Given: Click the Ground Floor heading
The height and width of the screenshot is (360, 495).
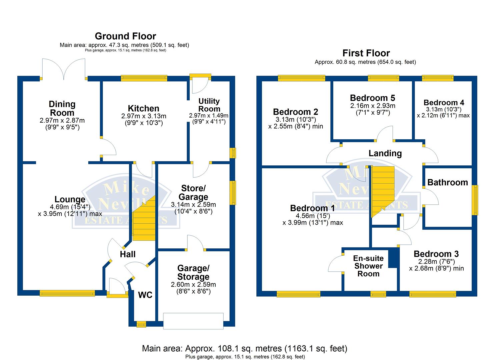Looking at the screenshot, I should (125, 36).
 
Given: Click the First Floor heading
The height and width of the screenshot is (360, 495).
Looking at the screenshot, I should (366, 53).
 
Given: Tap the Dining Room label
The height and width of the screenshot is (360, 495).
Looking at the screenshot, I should (62, 108).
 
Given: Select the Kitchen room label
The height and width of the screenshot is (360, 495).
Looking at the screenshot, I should (143, 108).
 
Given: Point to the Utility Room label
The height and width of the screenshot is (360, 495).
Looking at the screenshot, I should (209, 105).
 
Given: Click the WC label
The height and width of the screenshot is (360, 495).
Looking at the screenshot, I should (145, 295).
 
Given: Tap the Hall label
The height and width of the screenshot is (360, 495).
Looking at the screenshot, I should (128, 254).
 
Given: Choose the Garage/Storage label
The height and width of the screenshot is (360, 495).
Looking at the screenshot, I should (193, 272).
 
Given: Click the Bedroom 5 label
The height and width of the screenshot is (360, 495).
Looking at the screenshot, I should (372, 98).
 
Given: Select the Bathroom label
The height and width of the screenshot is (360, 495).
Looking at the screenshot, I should (447, 182).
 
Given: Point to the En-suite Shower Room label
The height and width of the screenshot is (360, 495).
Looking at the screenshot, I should (368, 266).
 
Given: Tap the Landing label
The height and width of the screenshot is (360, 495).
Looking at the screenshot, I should (385, 153).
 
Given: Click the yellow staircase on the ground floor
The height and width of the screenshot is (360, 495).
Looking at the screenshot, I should (145, 220).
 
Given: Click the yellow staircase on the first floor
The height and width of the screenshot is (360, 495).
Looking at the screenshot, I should (382, 190).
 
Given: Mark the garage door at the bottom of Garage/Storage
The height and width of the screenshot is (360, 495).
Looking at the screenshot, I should (193, 321).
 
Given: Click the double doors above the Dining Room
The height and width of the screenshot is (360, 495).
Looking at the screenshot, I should (64, 69).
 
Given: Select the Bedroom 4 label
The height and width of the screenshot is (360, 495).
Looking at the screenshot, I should (444, 102).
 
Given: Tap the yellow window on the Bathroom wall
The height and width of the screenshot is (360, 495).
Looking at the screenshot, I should (476, 200).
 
